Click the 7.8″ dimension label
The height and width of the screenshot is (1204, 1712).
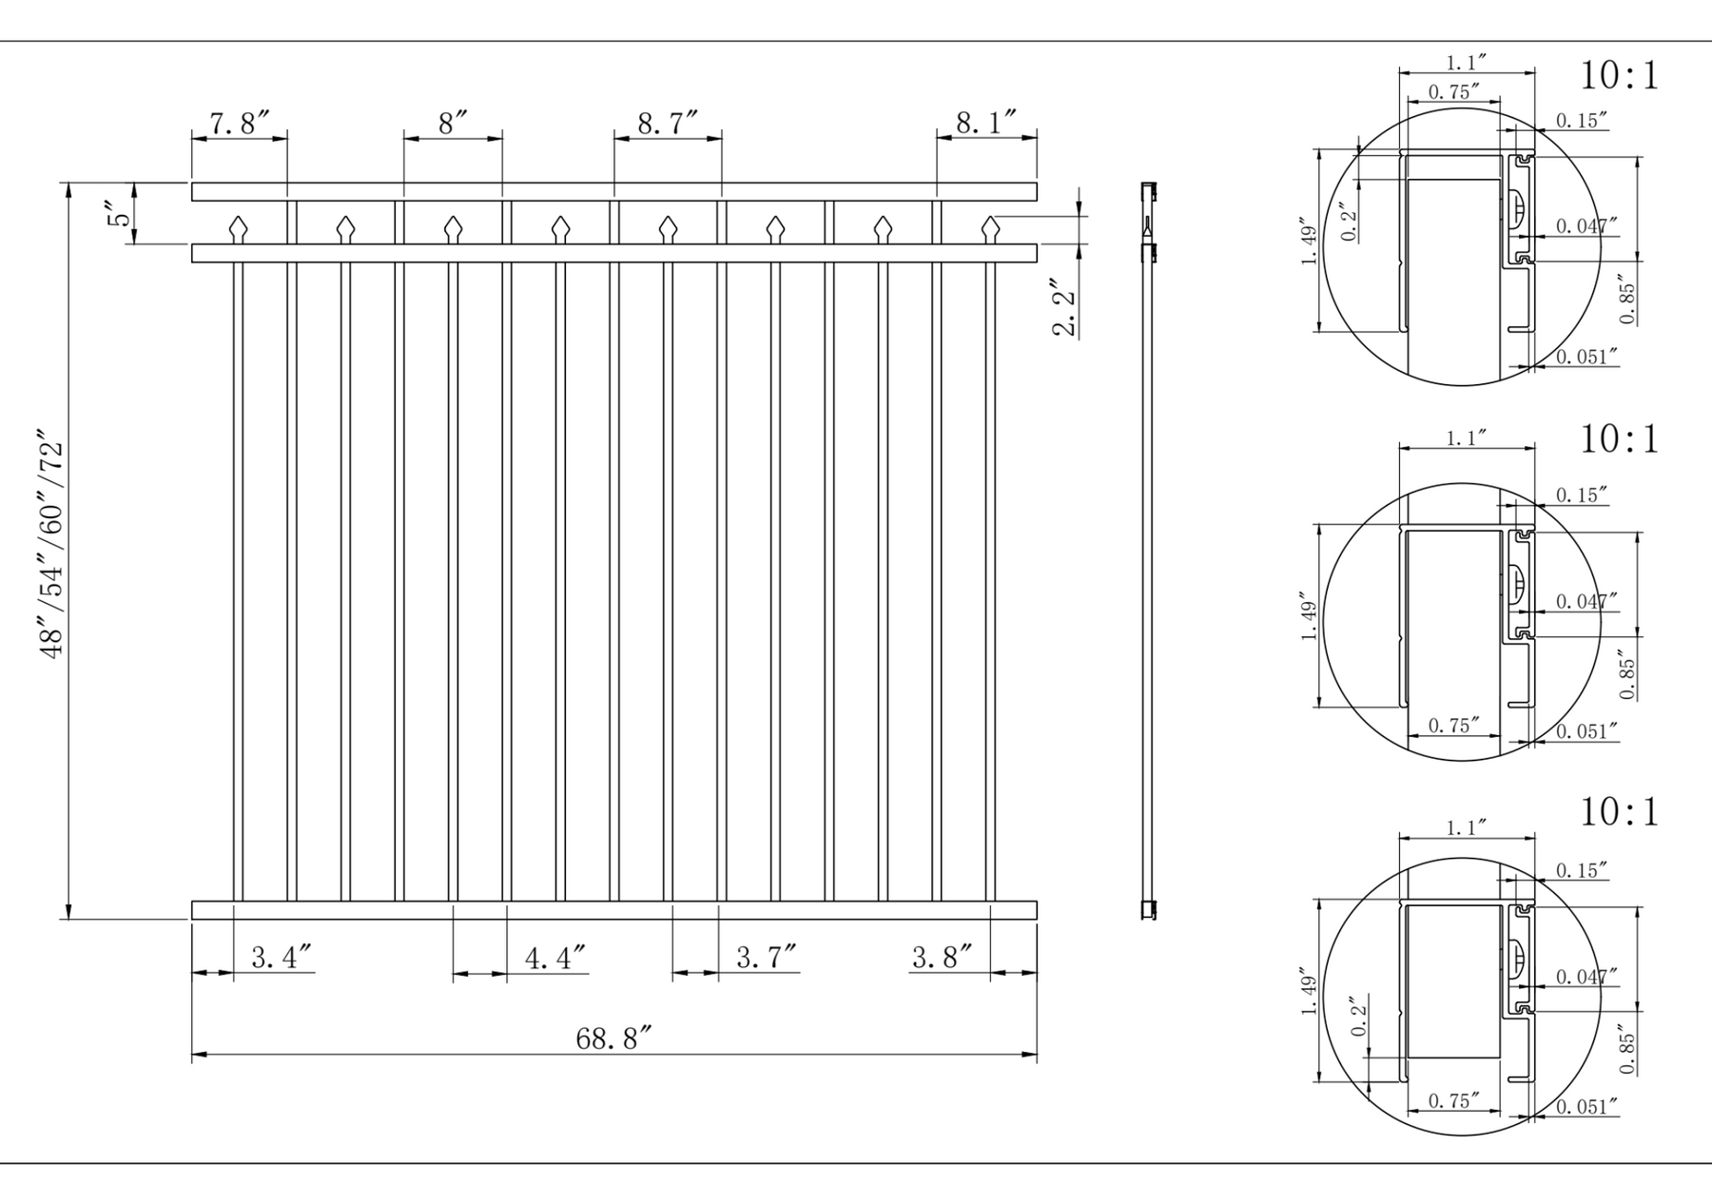pyautogui.click(x=240, y=123)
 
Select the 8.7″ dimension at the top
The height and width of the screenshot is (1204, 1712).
pyautogui.click(x=668, y=123)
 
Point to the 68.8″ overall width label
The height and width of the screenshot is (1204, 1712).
pyautogui.click(x=613, y=1038)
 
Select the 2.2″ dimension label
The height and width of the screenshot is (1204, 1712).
pyautogui.click(x=1064, y=306)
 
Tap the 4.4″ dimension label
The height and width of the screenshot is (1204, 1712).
pyautogui.click(x=555, y=957)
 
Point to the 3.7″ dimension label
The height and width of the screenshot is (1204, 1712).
pyautogui.click(x=767, y=957)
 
